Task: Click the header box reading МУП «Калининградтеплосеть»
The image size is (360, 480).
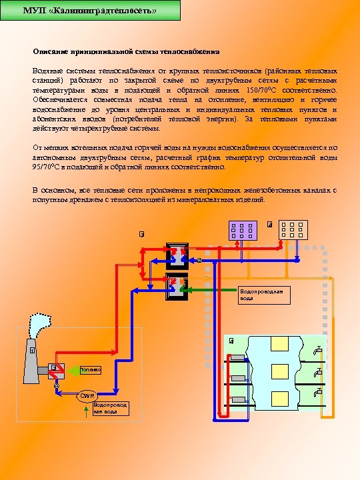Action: coord(90,11)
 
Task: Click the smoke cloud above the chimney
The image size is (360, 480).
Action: coord(39,328)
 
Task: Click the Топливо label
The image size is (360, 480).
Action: coord(90,369)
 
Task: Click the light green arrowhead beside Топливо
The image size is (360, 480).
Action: coord(73,369)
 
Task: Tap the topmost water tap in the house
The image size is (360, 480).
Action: coord(318,350)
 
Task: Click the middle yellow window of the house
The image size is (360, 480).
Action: coord(279,375)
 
